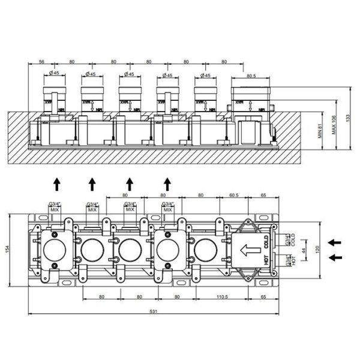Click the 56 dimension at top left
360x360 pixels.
coord(42,61)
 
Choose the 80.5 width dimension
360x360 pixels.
coord(250,76)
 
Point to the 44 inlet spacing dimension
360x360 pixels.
coord(304,250)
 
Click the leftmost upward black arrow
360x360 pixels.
coord(56,182)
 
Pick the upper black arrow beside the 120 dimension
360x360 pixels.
coord(337,241)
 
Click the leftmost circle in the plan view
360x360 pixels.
coord(55,248)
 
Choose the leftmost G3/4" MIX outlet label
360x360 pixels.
coord(53,207)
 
